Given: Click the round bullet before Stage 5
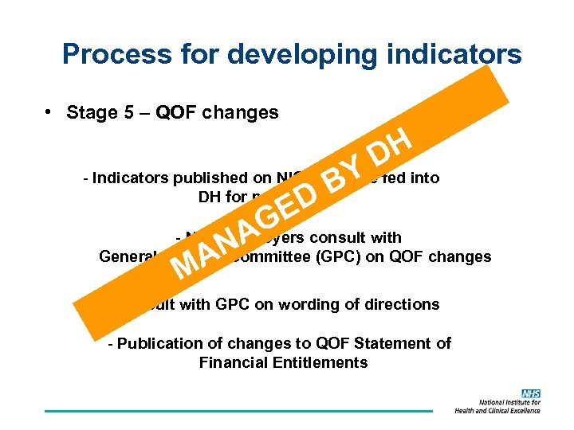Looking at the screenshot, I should click(x=49, y=112).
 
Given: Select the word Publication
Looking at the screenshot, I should click(x=159, y=343).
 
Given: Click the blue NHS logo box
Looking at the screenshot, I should click(x=530, y=394).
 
